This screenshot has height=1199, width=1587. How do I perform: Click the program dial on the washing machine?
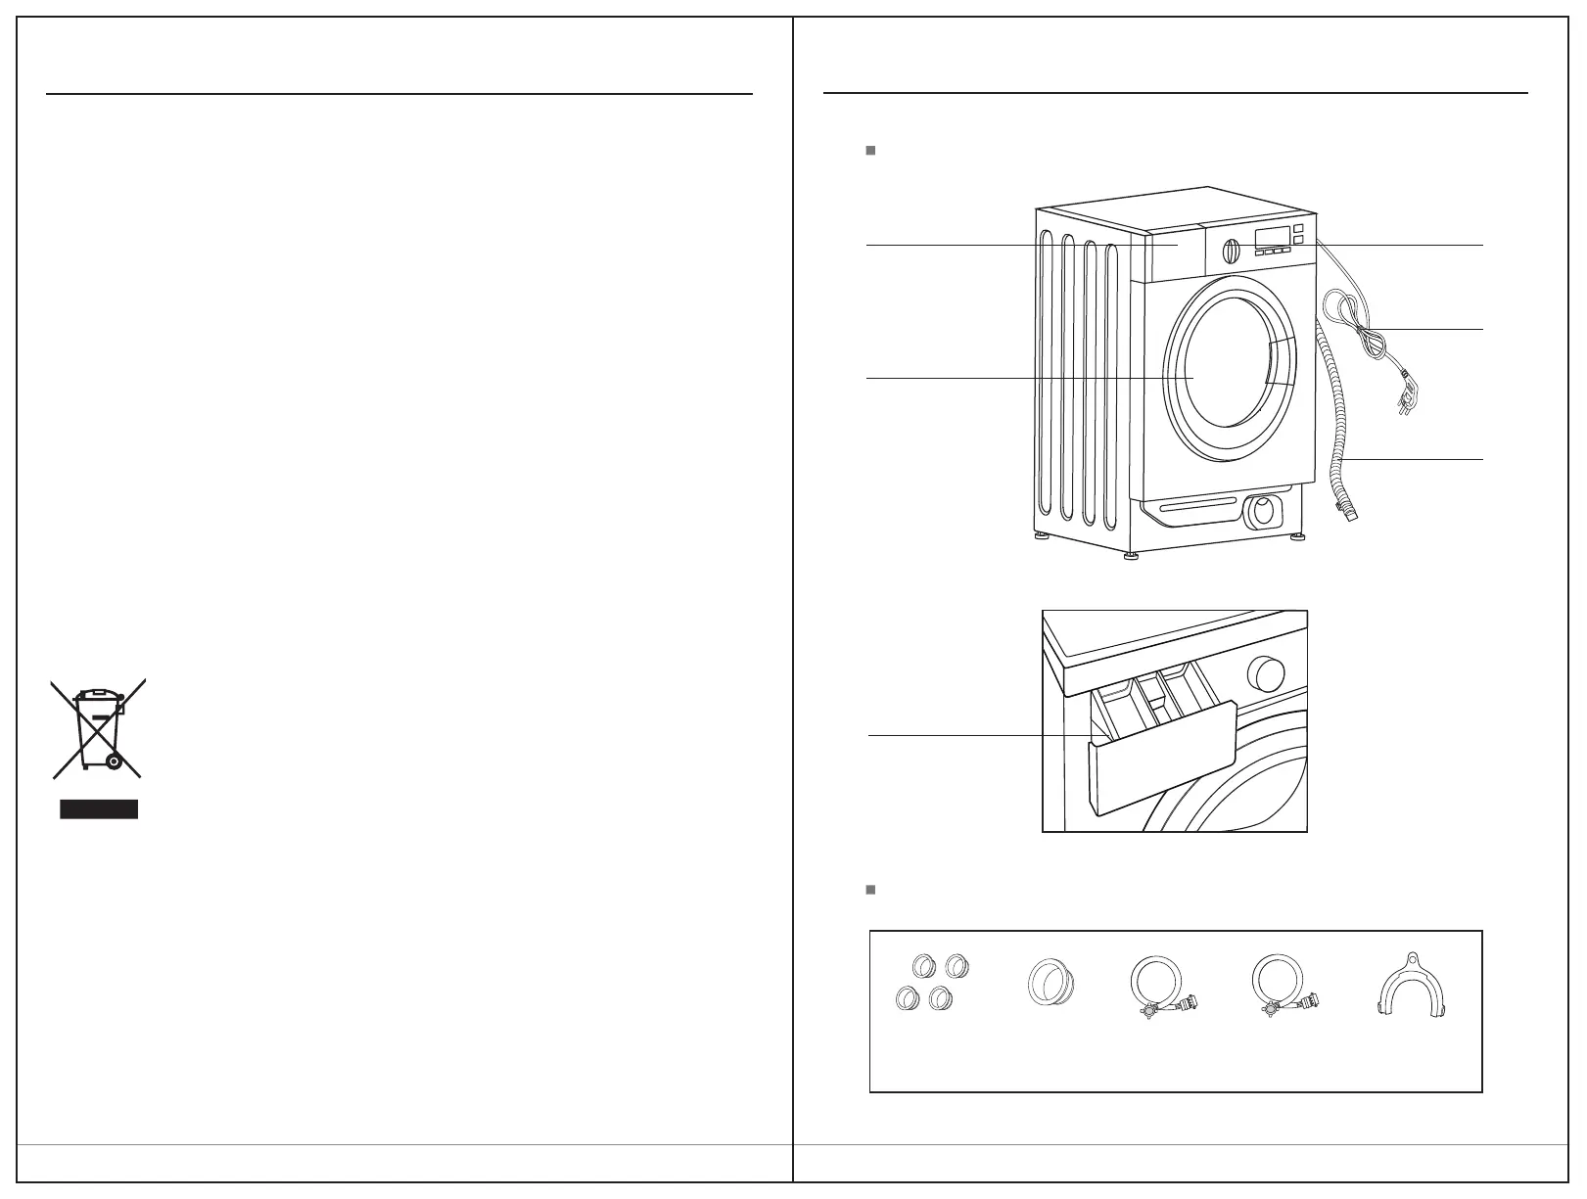1230,250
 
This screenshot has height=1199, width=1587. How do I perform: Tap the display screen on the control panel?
1270,236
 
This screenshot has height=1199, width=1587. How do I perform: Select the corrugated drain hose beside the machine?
1337,421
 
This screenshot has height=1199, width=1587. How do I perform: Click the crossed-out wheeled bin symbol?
99,728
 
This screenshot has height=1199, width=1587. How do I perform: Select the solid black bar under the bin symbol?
99,808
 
